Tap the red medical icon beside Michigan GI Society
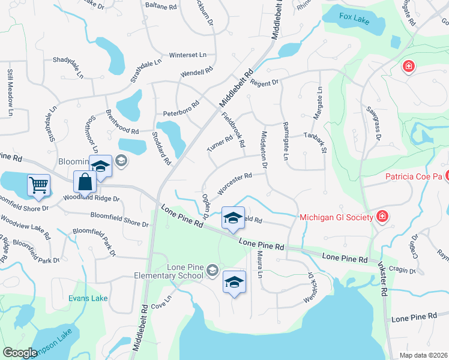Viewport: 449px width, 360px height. click(381, 215)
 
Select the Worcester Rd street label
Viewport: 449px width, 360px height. click(234, 184)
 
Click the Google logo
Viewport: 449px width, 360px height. click(20, 353)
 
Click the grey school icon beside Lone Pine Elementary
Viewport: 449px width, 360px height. click(211, 272)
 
